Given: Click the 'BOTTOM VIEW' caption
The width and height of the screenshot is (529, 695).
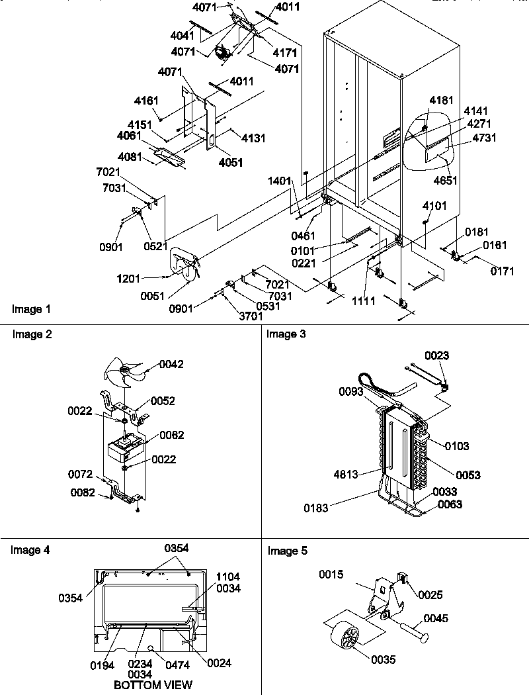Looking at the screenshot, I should coord(153,684).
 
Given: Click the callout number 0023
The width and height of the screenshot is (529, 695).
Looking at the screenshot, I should coord(437,355).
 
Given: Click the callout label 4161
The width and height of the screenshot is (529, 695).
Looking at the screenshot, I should coord(147,101).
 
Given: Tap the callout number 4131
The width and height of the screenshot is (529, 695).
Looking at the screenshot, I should coord(253,138).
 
